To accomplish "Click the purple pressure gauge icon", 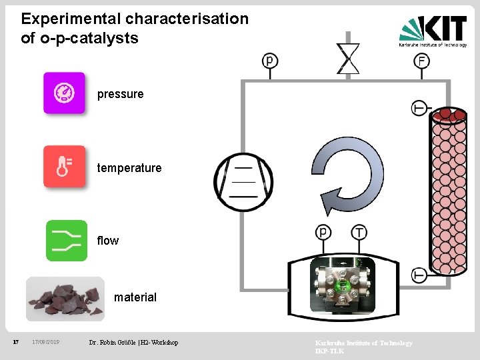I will [x=64, y=93].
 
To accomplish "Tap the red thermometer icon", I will [x=64, y=166].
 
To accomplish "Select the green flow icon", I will [x=67, y=240].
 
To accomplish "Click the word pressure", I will [x=120, y=94].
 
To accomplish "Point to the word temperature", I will [x=129, y=168].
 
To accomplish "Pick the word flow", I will [x=108, y=241].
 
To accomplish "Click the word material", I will [x=135, y=297].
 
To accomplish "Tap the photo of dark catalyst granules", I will [x=65, y=299].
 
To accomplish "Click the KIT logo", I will [x=433, y=31].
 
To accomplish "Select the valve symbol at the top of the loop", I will [x=348, y=58].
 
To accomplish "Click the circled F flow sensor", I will [x=421, y=61].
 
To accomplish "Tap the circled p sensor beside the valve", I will [x=270, y=61].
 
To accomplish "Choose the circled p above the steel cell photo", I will [x=323, y=232].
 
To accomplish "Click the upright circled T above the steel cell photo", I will [x=359, y=232].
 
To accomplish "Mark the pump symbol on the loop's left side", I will [x=243, y=178].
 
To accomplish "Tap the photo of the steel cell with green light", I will [x=343, y=285].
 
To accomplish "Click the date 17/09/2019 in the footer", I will [x=46, y=343].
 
